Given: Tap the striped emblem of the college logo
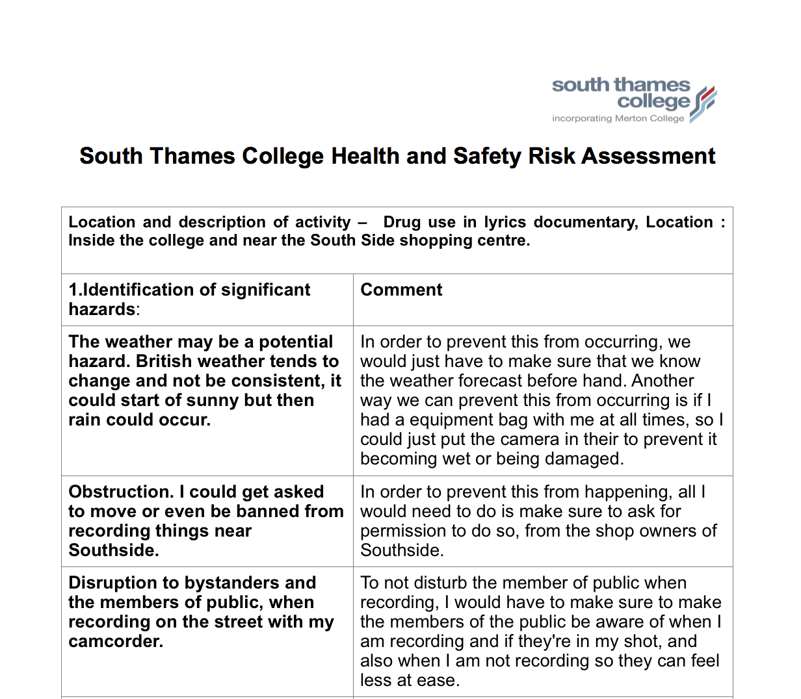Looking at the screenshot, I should click(x=703, y=104).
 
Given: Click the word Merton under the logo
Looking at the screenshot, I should click(x=631, y=119).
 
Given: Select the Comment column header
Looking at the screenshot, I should click(x=401, y=290).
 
